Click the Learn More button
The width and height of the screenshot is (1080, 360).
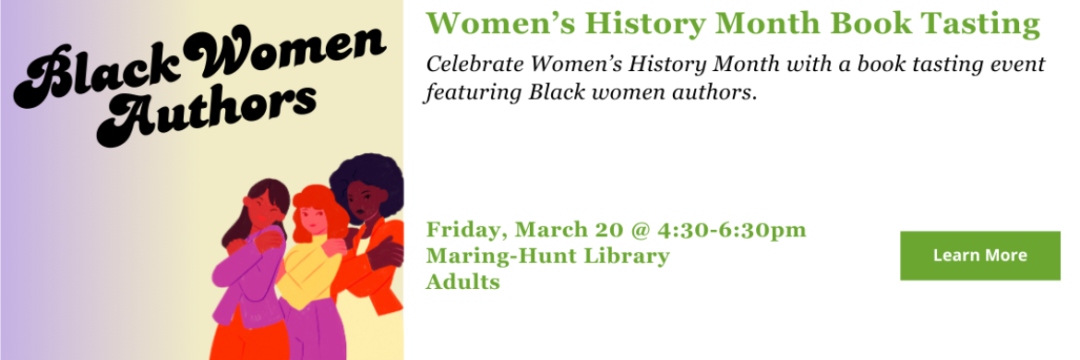point(979,255)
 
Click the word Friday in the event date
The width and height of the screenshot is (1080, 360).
point(459,229)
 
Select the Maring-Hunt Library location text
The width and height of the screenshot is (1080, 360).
point(547,256)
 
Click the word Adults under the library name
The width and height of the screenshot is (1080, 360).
point(462,282)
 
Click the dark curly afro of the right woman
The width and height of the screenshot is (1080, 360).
point(366,180)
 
